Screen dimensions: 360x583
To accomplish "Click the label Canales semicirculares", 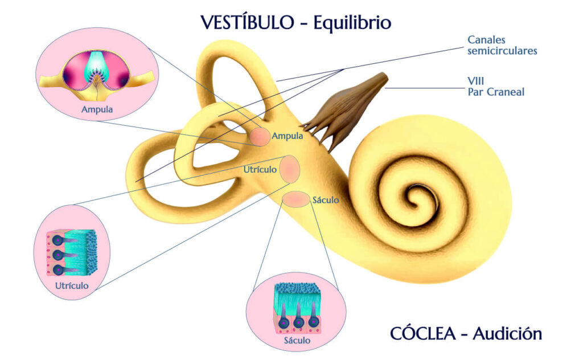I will tap(502, 45).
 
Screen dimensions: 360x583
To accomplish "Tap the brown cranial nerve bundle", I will tap(347, 108).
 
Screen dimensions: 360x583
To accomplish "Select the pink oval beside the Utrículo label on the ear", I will tap(289, 169).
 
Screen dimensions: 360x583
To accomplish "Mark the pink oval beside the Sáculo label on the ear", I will tap(296, 199).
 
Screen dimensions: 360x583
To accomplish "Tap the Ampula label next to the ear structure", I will tap(288, 136).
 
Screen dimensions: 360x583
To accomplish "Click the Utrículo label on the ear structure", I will tap(260, 170).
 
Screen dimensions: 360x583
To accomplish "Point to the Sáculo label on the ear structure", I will tap(326, 200).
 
